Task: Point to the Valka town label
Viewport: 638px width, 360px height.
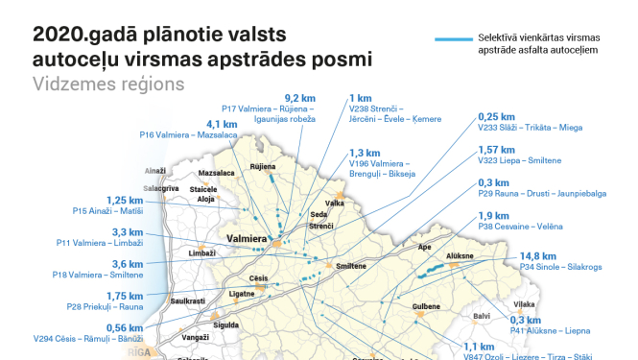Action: (336, 204)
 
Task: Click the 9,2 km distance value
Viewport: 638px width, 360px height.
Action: (300, 98)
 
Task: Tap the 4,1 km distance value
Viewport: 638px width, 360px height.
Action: (222, 124)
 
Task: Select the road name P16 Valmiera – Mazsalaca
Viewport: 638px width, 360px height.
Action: (201, 136)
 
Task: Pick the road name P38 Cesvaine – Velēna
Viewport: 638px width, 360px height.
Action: (520, 228)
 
